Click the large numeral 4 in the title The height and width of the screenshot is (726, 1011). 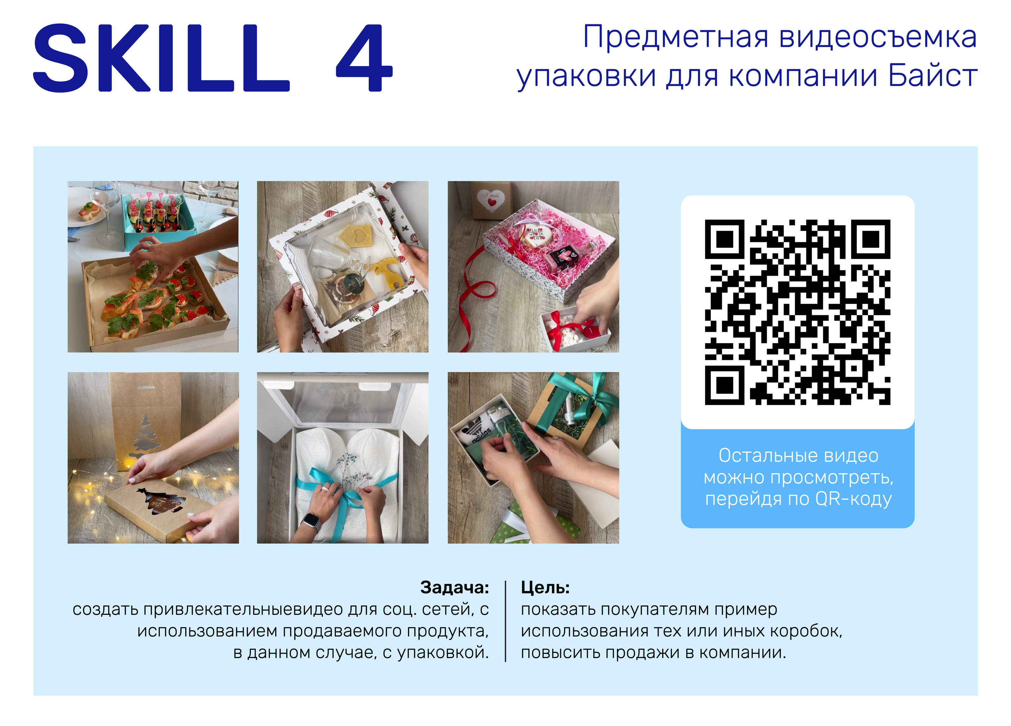[x=364, y=58]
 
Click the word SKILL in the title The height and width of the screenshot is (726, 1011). [x=162, y=58]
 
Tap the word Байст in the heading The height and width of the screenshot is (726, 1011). [x=933, y=76]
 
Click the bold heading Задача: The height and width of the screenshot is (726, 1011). [x=454, y=587]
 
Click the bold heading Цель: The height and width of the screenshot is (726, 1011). [x=545, y=587]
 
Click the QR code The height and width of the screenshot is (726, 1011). [x=797, y=312]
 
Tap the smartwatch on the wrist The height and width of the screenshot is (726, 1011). [x=312, y=521]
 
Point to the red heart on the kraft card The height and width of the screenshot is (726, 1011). [x=492, y=202]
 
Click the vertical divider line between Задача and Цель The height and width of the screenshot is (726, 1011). [x=505, y=621]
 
